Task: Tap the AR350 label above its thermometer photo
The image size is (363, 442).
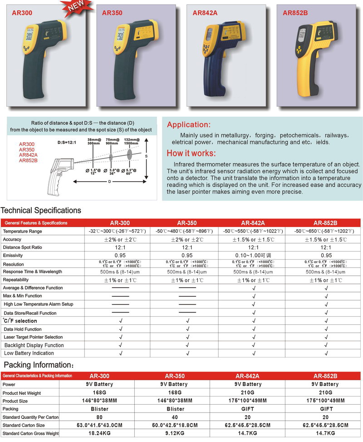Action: [112, 13]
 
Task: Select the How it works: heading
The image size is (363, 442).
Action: [191, 153]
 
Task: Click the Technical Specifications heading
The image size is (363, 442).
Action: [41, 210]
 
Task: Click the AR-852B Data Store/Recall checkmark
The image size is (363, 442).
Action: [326, 313]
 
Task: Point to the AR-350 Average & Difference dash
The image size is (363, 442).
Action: [186, 288]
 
